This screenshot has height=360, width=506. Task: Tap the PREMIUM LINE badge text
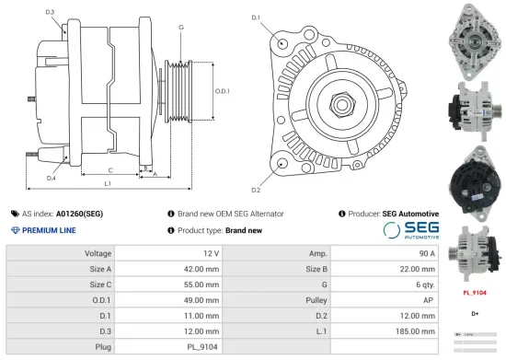49,230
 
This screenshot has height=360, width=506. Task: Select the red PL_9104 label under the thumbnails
474,293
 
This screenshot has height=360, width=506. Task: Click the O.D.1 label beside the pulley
222,91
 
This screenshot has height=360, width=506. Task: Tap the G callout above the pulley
181,28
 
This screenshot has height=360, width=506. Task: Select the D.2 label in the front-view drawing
256,190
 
